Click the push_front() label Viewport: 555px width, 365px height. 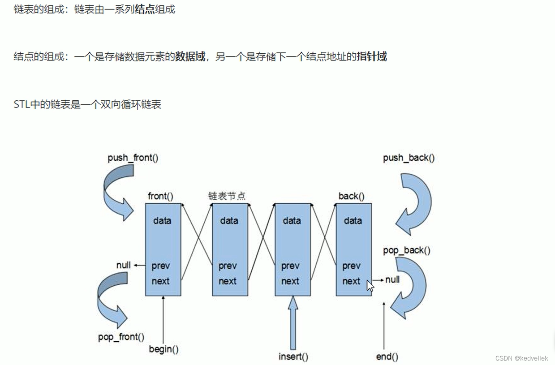pyautogui.click(x=133, y=158)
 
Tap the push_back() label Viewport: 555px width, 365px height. pyautogui.click(x=409, y=158)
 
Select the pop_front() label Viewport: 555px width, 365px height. pyautogui.click(x=121, y=337)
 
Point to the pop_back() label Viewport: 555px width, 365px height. pyautogui.click(x=406, y=250)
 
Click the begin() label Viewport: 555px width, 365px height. pyautogui.click(x=163, y=349)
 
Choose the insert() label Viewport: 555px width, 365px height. pyautogui.click(x=293, y=357)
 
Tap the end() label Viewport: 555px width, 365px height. pyautogui.click(x=387, y=357)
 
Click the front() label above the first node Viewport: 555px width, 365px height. pyautogui.click(x=160, y=196)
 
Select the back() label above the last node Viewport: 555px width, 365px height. pyautogui.click(x=351, y=196)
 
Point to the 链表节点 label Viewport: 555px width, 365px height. pyautogui.click(x=227, y=196)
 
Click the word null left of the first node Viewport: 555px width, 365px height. pyautogui.click(x=123, y=265)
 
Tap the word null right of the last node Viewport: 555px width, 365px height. pyautogui.click(x=392, y=280)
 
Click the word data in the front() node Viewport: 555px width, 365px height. pyautogui.click(x=162, y=221)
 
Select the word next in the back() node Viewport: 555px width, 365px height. pyautogui.click(x=351, y=281)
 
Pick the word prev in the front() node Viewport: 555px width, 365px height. pyautogui.click(x=160, y=266)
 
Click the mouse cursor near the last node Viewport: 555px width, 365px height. pyautogui.click(x=370, y=285)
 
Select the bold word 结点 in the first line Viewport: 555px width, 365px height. pyautogui.click(x=145, y=9)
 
